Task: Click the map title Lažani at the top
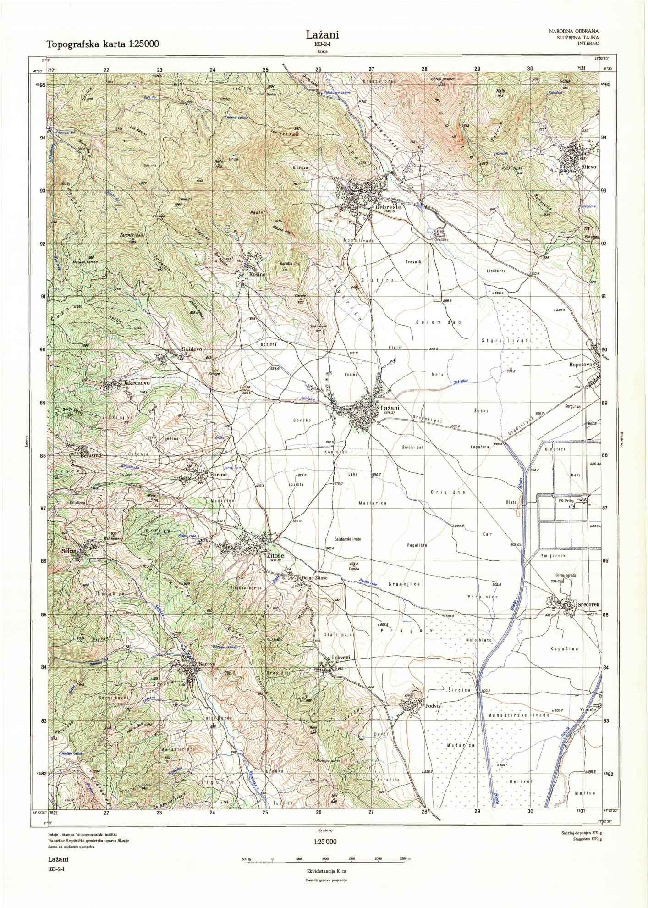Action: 323,35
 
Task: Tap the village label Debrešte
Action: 388,207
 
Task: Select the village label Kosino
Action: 258,274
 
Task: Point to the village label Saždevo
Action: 192,349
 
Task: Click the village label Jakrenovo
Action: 134,382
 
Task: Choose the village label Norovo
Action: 206,664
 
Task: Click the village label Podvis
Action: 432,706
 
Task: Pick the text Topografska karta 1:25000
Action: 103,44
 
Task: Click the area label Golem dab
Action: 438,322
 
